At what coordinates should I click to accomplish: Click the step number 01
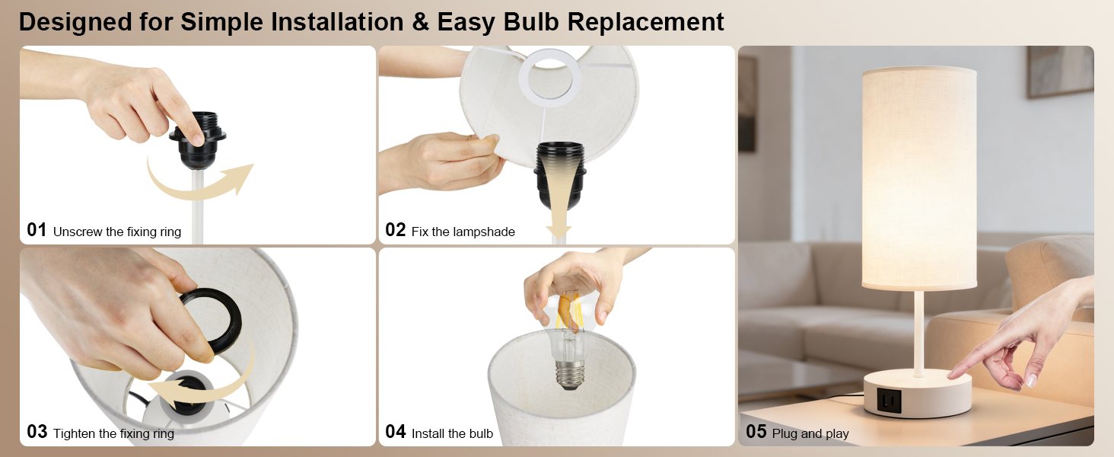pyautogui.click(x=37, y=230)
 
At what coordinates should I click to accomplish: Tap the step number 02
pyautogui.click(x=395, y=230)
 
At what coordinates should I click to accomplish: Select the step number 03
pyautogui.click(x=37, y=432)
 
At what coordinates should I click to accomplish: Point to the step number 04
pyautogui.click(x=396, y=432)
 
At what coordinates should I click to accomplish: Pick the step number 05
pyautogui.click(x=756, y=432)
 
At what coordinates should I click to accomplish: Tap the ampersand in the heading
pyautogui.click(x=420, y=21)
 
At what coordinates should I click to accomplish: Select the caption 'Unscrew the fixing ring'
pyautogui.click(x=117, y=232)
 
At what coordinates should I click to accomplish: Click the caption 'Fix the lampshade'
pyautogui.click(x=463, y=232)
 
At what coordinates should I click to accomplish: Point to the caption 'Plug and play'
pyautogui.click(x=810, y=433)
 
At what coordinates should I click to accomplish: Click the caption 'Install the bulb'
pyautogui.click(x=452, y=433)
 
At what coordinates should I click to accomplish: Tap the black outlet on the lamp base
pyautogui.click(x=887, y=397)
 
